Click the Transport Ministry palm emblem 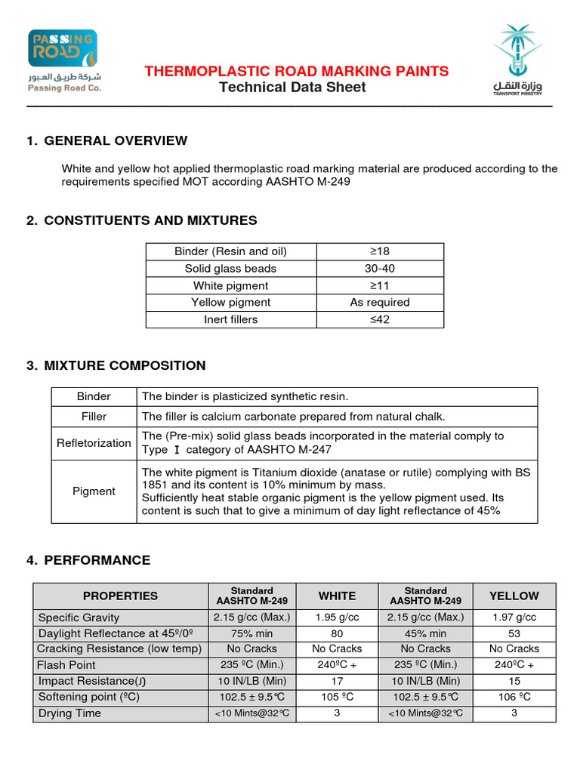(517, 49)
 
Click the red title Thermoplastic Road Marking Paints (296, 72)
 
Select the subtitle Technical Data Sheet (292, 88)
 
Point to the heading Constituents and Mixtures (150, 220)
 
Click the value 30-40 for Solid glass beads (379, 269)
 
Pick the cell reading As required (379, 302)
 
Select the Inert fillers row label (230, 319)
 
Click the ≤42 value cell (379, 319)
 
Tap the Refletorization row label (94, 443)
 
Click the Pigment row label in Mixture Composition (94, 491)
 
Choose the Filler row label (94, 417)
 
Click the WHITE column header (337, 596)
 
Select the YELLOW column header (514, 596)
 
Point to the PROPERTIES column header (121, 596)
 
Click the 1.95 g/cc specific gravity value (337, 617)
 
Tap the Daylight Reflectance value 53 (514, 633)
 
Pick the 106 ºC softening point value (514, 697)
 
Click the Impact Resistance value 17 (337, 681)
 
